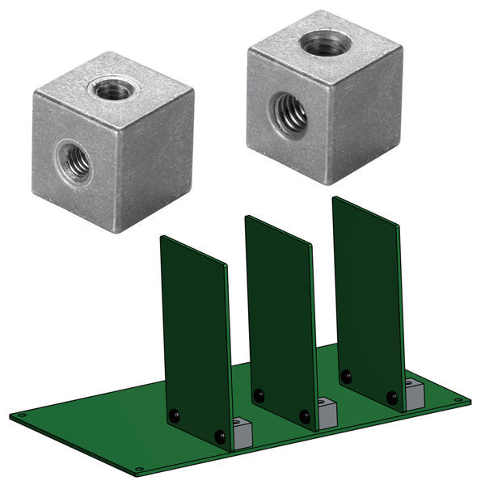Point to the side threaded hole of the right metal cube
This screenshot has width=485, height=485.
pos(289,112)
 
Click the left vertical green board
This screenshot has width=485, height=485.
pos(194,331)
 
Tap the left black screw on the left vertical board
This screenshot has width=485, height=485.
pos(174,415)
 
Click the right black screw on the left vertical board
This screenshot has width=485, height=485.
pos(220,436)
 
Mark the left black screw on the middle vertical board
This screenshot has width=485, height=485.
pos(259,395)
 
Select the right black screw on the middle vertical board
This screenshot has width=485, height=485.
pos(305,416)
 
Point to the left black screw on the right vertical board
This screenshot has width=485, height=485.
pos(346,376)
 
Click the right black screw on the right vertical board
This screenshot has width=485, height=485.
pos(392,397)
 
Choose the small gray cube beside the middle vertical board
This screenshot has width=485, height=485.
pos(326,413)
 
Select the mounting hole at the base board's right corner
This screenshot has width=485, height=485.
pos(460,399)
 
